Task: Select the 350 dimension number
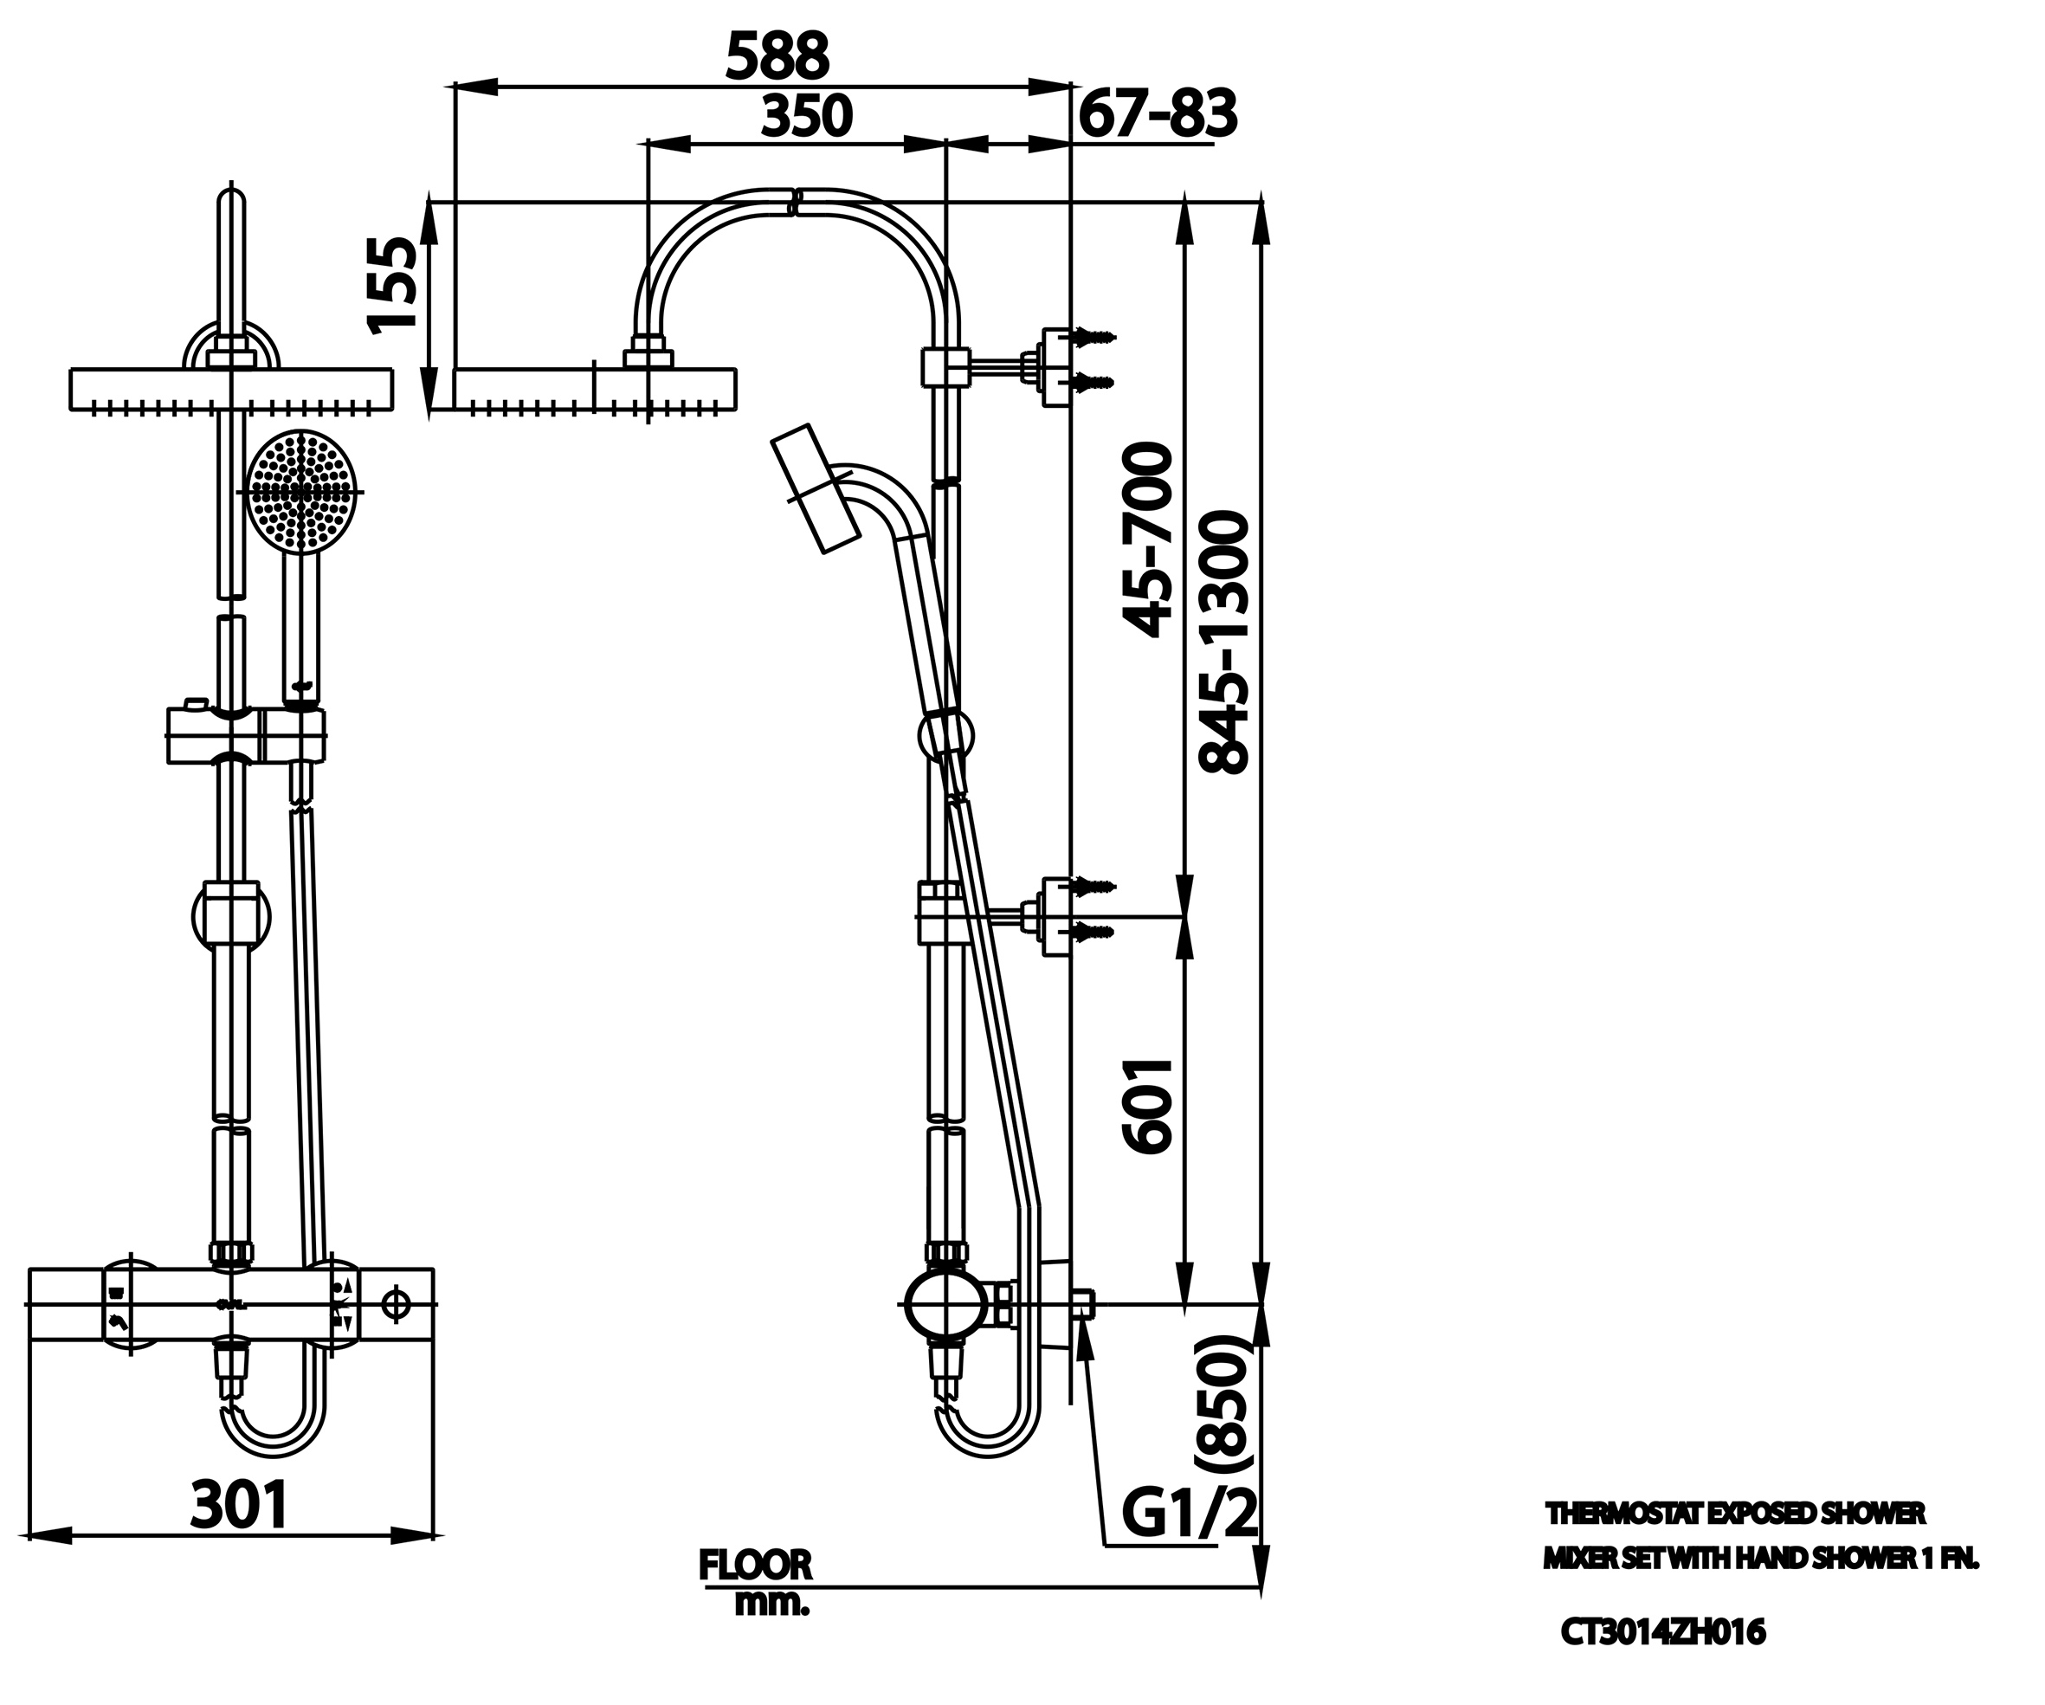pos(805,116)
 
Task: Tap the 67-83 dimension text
pos(1157,114)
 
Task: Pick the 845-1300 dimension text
pos(1222,643)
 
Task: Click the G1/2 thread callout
pos(1188,1512)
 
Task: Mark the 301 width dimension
pos(239,1504)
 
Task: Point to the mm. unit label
pos(771,1604)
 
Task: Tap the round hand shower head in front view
pos(301,492)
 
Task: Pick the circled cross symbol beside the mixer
pos(396,1304)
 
